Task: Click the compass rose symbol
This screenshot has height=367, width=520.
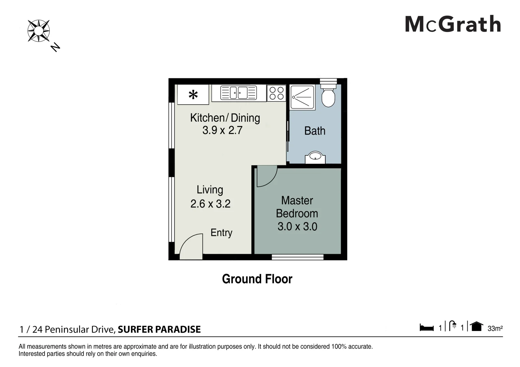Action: click(38, 31)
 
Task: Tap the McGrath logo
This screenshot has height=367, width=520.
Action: click(453, 24)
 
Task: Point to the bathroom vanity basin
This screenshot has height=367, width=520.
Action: click(315, 158)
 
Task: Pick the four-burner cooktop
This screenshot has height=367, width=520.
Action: click(276, 93)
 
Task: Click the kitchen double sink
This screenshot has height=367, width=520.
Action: click(239, 93)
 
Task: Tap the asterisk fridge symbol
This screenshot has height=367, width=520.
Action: click(193, 95)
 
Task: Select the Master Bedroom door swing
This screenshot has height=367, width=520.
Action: click(267, 176)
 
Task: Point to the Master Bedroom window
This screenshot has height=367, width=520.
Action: click(298, 257)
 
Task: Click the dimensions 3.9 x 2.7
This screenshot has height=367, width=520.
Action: click(222, 130)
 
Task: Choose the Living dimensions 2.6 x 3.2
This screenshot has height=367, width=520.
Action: click(210, 204)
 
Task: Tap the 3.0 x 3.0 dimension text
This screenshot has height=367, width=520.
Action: click(297, 227)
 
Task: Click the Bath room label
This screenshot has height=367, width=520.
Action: click(315, 131)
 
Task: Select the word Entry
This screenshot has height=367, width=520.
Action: click(221, 233)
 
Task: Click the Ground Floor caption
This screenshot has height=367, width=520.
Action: click(257, 279)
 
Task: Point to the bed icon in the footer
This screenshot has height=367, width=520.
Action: click(427, 328)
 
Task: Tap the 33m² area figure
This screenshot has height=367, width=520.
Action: click(495, 329)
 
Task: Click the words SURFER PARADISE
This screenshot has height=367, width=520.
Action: click(159, 329)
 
